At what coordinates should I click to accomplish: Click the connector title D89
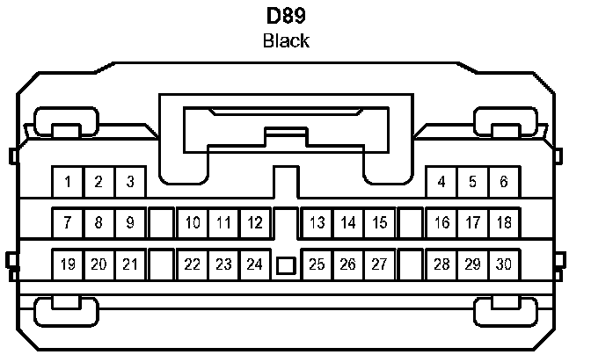[287, 17]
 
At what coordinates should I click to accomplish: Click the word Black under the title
[287, 41]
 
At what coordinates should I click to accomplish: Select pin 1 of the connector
[68, 182]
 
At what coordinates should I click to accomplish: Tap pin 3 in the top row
[130, 182]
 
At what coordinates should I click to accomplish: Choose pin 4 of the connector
[441, 182]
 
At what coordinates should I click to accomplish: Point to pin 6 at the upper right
[504, 182]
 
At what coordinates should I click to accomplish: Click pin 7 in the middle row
[68, 222]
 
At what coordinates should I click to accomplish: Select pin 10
[193, 222]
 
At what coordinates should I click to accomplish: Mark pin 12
[255, 222]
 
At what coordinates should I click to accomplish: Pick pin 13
[317, 222]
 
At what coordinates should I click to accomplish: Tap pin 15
[380, 222]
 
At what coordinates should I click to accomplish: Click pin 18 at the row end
[504, 222]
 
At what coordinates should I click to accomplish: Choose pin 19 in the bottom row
[68, 264]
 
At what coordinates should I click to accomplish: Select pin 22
[193, 264]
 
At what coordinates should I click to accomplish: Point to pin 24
[255, 264]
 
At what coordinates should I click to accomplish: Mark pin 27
[380, 264]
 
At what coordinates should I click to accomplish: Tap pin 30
[504, 264]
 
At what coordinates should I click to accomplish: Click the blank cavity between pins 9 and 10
[161, 222]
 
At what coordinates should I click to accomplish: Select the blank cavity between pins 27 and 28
[411, 264]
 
